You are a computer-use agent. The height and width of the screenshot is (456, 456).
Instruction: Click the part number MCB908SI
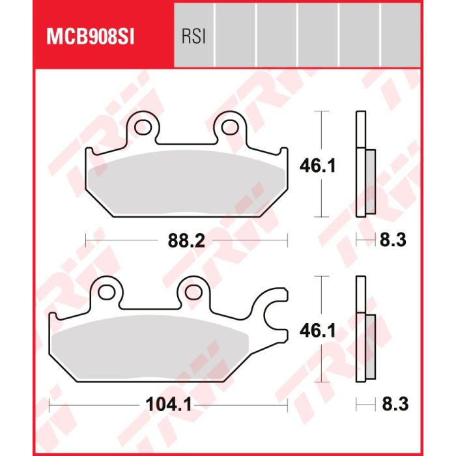[90, 37]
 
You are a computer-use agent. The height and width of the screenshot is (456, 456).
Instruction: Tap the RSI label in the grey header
[193, 37]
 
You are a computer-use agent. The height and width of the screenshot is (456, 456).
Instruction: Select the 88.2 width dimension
[186, 240]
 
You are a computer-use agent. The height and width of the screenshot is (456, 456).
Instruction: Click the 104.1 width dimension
[168, 405]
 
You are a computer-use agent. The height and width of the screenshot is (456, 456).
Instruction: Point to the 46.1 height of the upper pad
[318, 165]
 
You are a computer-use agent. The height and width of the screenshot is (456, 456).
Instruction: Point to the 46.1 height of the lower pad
[318, 331]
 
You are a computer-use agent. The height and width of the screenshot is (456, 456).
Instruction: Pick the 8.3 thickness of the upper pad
[393, 240]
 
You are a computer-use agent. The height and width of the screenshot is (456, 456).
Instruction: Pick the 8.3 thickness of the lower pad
[395, 405]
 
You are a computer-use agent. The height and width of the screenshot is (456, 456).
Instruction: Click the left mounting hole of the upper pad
[143, 127]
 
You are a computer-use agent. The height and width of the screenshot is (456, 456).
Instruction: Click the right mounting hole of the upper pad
[230, 127]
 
